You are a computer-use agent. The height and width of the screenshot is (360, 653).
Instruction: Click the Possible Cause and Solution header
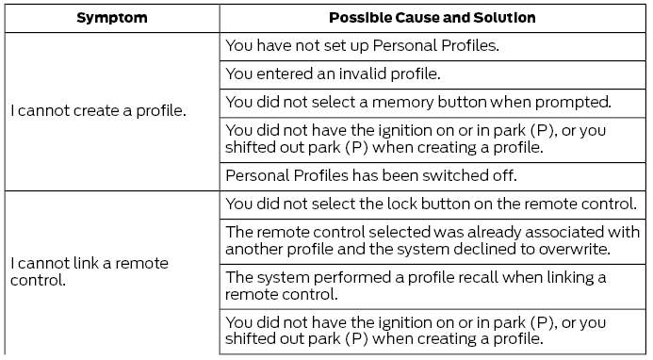coord(433,18)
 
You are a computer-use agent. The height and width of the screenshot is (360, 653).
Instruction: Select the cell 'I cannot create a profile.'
coord(98,111)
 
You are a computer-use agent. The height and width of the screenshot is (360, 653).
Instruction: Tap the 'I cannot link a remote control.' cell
coord(90,271)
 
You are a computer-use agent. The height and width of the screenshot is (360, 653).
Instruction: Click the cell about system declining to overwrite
coord(432,238)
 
